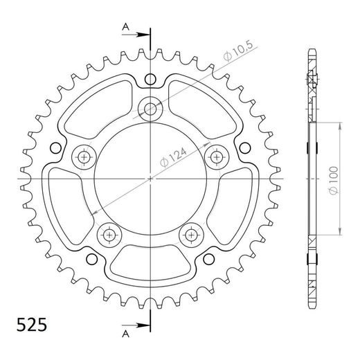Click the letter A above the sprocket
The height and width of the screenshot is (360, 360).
(x=125, y=26)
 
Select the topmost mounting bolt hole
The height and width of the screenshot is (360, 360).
(x=151, y=107)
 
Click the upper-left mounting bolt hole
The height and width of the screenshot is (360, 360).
(x=84, y=156)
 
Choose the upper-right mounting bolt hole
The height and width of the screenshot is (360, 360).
(x=217, y=156)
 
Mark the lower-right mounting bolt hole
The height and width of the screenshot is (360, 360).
(x=192, y=235)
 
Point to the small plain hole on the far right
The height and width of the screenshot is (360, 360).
(x=244, y=147)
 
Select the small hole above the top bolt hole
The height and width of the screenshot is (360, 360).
(x=151, y=79)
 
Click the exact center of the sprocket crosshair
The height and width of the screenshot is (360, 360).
(x=151, y=178)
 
